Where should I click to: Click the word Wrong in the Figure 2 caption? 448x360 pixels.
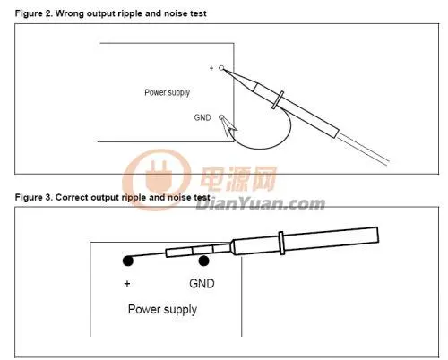(x=69, y=13)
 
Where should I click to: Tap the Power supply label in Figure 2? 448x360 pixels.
(x=168, y=93)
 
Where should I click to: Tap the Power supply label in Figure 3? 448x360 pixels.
(x=162, y=310)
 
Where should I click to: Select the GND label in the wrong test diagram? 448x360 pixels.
(x=202, y=117)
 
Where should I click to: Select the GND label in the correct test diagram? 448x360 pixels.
(x=202, y=283)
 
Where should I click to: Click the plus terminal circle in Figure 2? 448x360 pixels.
(x=221, y=68)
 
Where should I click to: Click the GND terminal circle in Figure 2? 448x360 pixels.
(x=221, y=117)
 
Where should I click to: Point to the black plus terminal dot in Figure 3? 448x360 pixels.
(x=128, y=261)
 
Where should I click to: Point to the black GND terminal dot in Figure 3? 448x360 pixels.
(x=203, y=261)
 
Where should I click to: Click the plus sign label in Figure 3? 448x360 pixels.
(x=127, y=283)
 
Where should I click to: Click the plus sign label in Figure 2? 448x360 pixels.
(x=211, y=68)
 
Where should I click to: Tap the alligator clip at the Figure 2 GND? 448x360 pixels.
(x=228, y=127)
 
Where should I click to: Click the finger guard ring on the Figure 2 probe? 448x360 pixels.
(x=278, y=100)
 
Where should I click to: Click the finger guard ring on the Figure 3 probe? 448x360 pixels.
(x=281, y=243)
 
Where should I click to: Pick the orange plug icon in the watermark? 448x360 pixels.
(x=157, y=180)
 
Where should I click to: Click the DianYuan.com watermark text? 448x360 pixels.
(x=261, y=204)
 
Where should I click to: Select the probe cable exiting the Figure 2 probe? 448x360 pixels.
(x=363, y=149)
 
